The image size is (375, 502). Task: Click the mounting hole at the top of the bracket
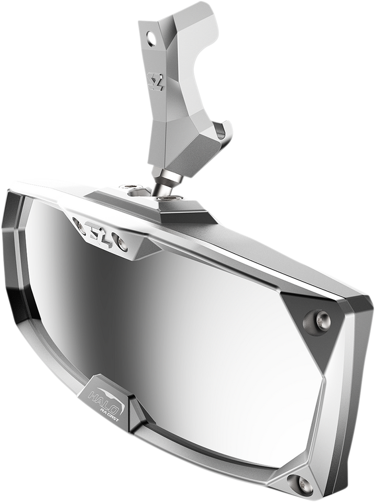pyautogui.click(x=152, y=38)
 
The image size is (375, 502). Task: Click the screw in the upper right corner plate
pyautogui.click(x=321, y=317)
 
